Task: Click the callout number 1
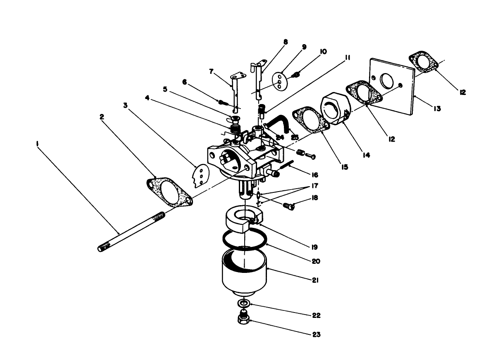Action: click(x=38, y=144)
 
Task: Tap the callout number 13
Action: click(x=437, y=109)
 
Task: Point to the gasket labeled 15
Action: click(x=310, y=120)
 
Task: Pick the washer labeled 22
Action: click(x=244, y=304)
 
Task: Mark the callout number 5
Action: click(x=165, y=89)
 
